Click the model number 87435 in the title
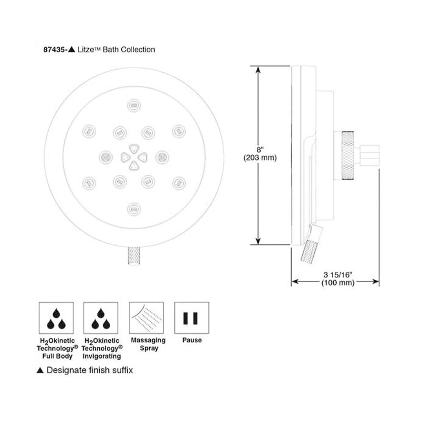click(54, 49)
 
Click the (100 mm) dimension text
click(334, 283)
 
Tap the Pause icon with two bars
click(192, 318)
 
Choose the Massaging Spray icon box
click(146, 318)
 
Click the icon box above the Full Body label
click(56, 318)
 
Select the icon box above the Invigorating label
click(101, 318)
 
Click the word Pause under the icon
click(192, 340)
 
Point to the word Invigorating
click(101, 356)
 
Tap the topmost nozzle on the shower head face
click(133, 105)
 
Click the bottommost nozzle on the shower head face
click(133, 209)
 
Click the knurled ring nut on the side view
click(347, 156)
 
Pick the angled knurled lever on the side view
click(310, 247)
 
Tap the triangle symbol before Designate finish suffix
click(40, 370)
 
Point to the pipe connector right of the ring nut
click(370, 155)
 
